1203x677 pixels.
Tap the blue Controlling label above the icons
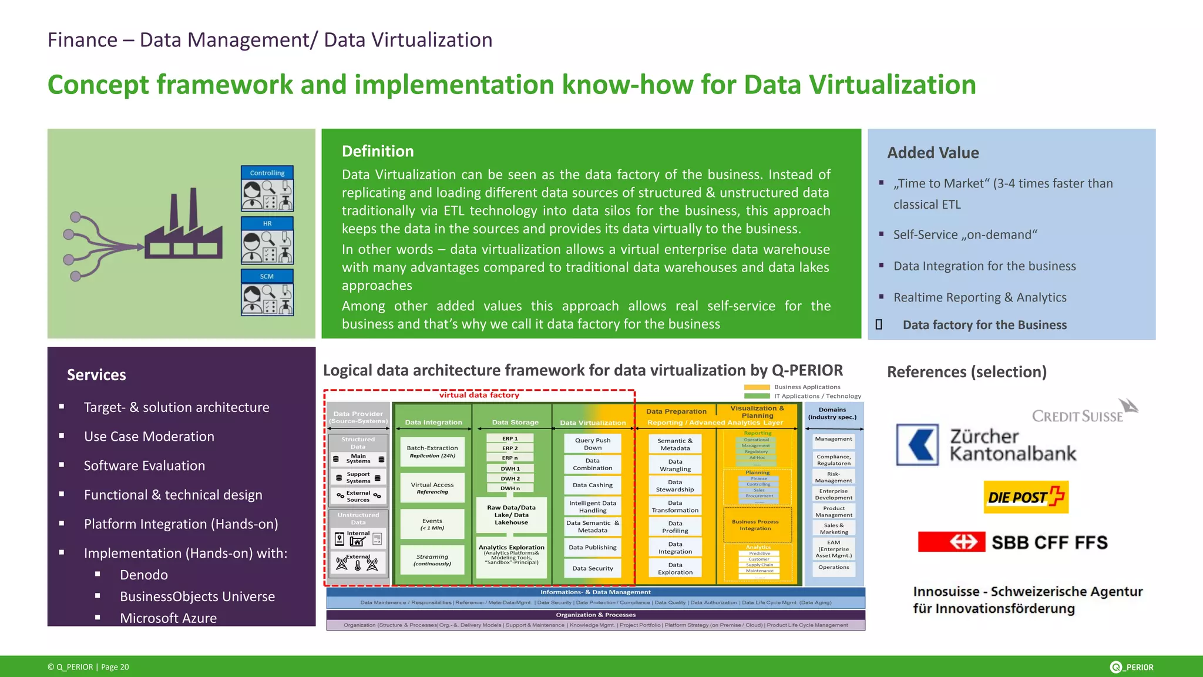coord(267,173)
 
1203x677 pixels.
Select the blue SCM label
coord(267,276)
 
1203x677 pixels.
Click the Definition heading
coord(378,152)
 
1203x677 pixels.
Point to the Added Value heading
coord(933,153)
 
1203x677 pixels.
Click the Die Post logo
coord(1026,497)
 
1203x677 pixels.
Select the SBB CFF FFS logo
coord(1013,542)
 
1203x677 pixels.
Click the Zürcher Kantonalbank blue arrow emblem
coord(918,445)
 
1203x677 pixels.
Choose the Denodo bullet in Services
coord(143,575)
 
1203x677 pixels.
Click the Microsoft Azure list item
coord(168,618)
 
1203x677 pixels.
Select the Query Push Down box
coord(592,444)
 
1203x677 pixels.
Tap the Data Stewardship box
coord(675,485)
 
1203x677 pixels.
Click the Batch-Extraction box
coord(432,451)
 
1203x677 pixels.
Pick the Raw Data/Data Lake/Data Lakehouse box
coord(511,515)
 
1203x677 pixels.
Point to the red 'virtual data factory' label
coord(479,395)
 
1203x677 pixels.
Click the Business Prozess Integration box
coord(755,525)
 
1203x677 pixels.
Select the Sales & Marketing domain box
coord(834,528)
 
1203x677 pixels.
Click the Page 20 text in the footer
coord(115,667)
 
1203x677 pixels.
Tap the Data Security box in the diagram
coord(592,568)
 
